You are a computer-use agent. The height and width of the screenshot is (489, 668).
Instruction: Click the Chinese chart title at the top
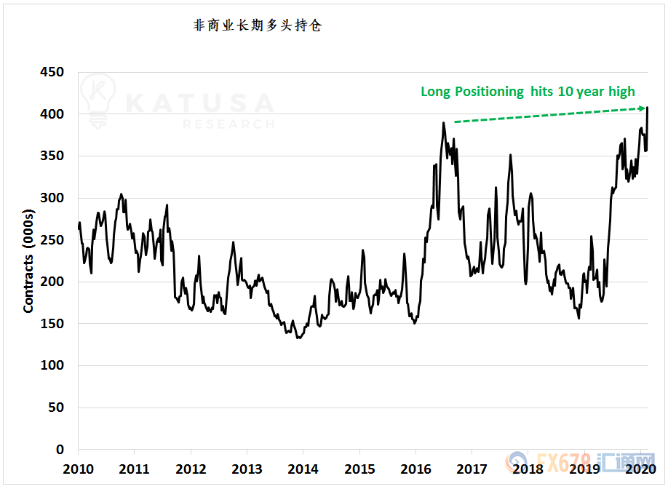coord(257,25)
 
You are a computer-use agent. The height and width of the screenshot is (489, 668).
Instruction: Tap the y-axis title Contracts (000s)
coord(28,261)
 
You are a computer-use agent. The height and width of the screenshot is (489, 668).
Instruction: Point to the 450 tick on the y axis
coord(51,72)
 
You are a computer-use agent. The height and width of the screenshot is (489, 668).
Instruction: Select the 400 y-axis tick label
coord(51,114)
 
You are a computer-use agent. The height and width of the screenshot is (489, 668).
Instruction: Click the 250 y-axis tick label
coord(51,240)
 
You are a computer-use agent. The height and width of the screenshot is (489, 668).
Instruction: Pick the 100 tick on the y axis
coord(51,366)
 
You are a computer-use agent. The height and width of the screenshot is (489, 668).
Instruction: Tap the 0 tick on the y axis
coord(60,450)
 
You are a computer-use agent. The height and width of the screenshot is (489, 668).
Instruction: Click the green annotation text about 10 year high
coord(528,92)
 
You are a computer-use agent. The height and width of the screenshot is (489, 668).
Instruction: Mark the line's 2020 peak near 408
coord(648,108)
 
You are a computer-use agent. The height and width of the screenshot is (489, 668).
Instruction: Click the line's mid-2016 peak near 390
coord(443,123)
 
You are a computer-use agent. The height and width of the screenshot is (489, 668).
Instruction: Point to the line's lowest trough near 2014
coord(298,338)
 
